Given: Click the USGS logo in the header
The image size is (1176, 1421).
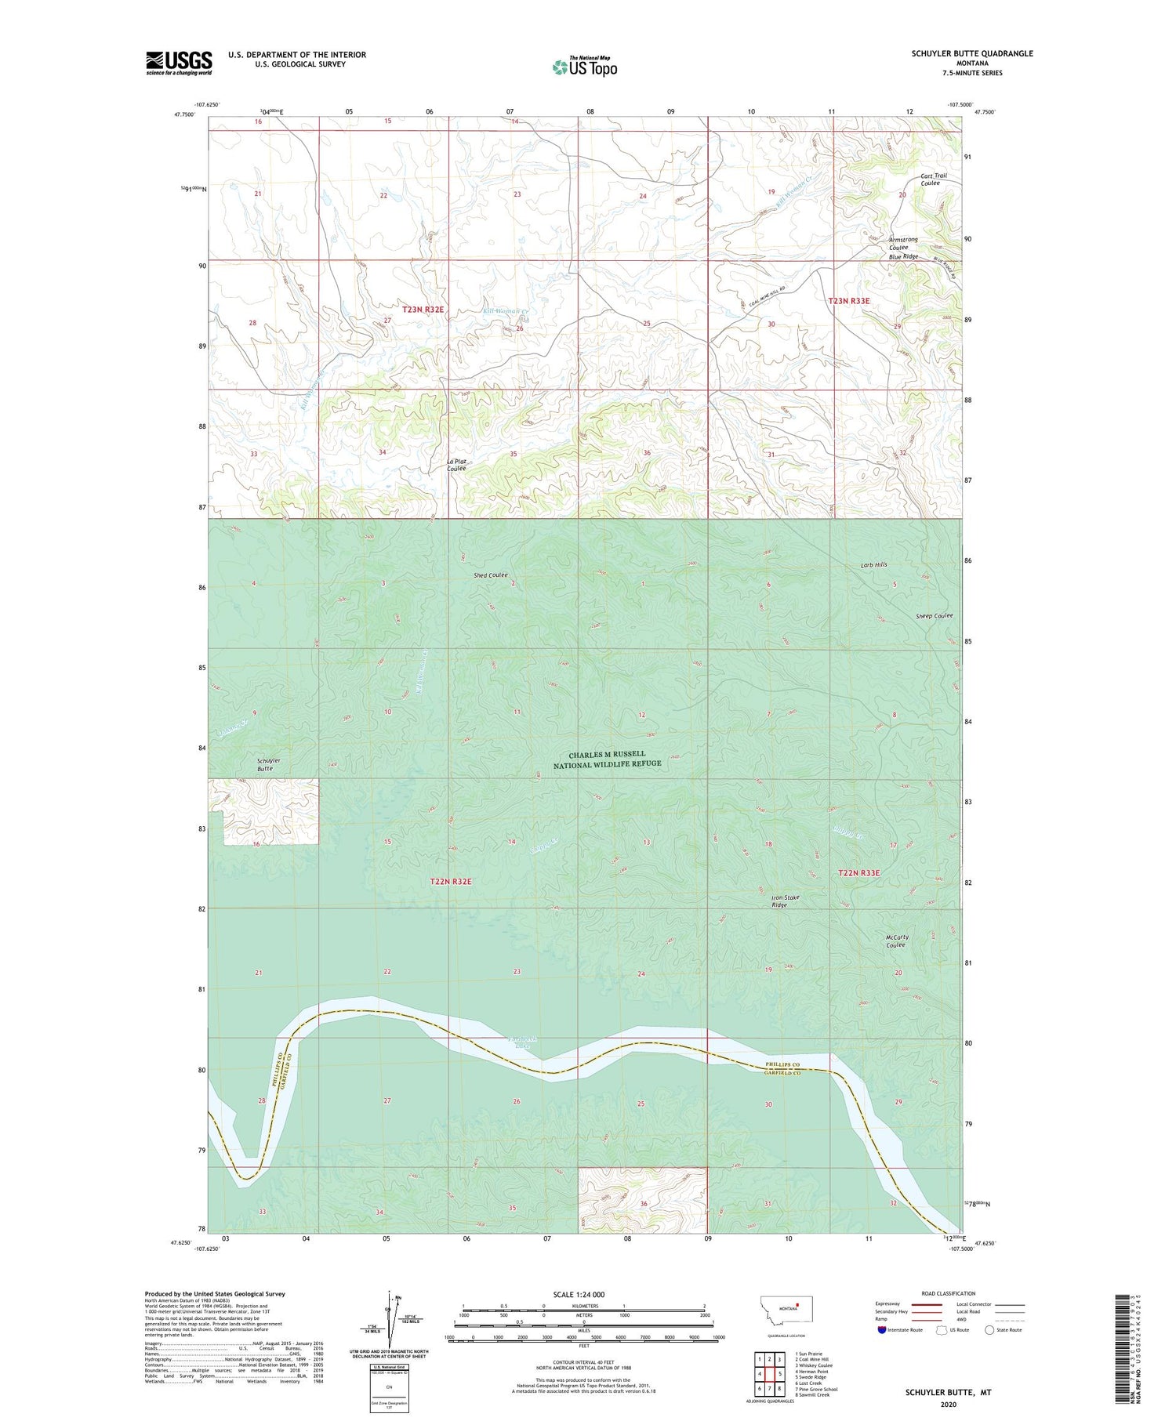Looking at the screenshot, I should pos(179,63).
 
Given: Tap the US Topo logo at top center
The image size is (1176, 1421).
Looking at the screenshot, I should pos(584,67).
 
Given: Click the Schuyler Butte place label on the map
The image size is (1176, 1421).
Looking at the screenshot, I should pos(268,764).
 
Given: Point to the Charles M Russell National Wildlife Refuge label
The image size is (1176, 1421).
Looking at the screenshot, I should pos(607,759).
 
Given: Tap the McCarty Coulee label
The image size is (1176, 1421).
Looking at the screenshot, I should pos(896,941).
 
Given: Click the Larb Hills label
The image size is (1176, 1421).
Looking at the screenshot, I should pos(873,564).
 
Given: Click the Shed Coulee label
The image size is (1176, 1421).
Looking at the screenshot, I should pos(490,575).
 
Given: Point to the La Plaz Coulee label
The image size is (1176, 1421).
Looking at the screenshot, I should pos(456,465).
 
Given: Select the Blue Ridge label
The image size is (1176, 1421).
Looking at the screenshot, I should pos(903,256).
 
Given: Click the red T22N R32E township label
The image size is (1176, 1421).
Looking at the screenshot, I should pos(451,881).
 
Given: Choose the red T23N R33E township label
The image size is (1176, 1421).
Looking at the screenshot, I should pos(849,300).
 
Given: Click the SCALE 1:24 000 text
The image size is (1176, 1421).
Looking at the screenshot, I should pos(579,1294).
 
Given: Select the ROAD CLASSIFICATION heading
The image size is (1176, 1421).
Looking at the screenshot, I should pos(948,1293).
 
